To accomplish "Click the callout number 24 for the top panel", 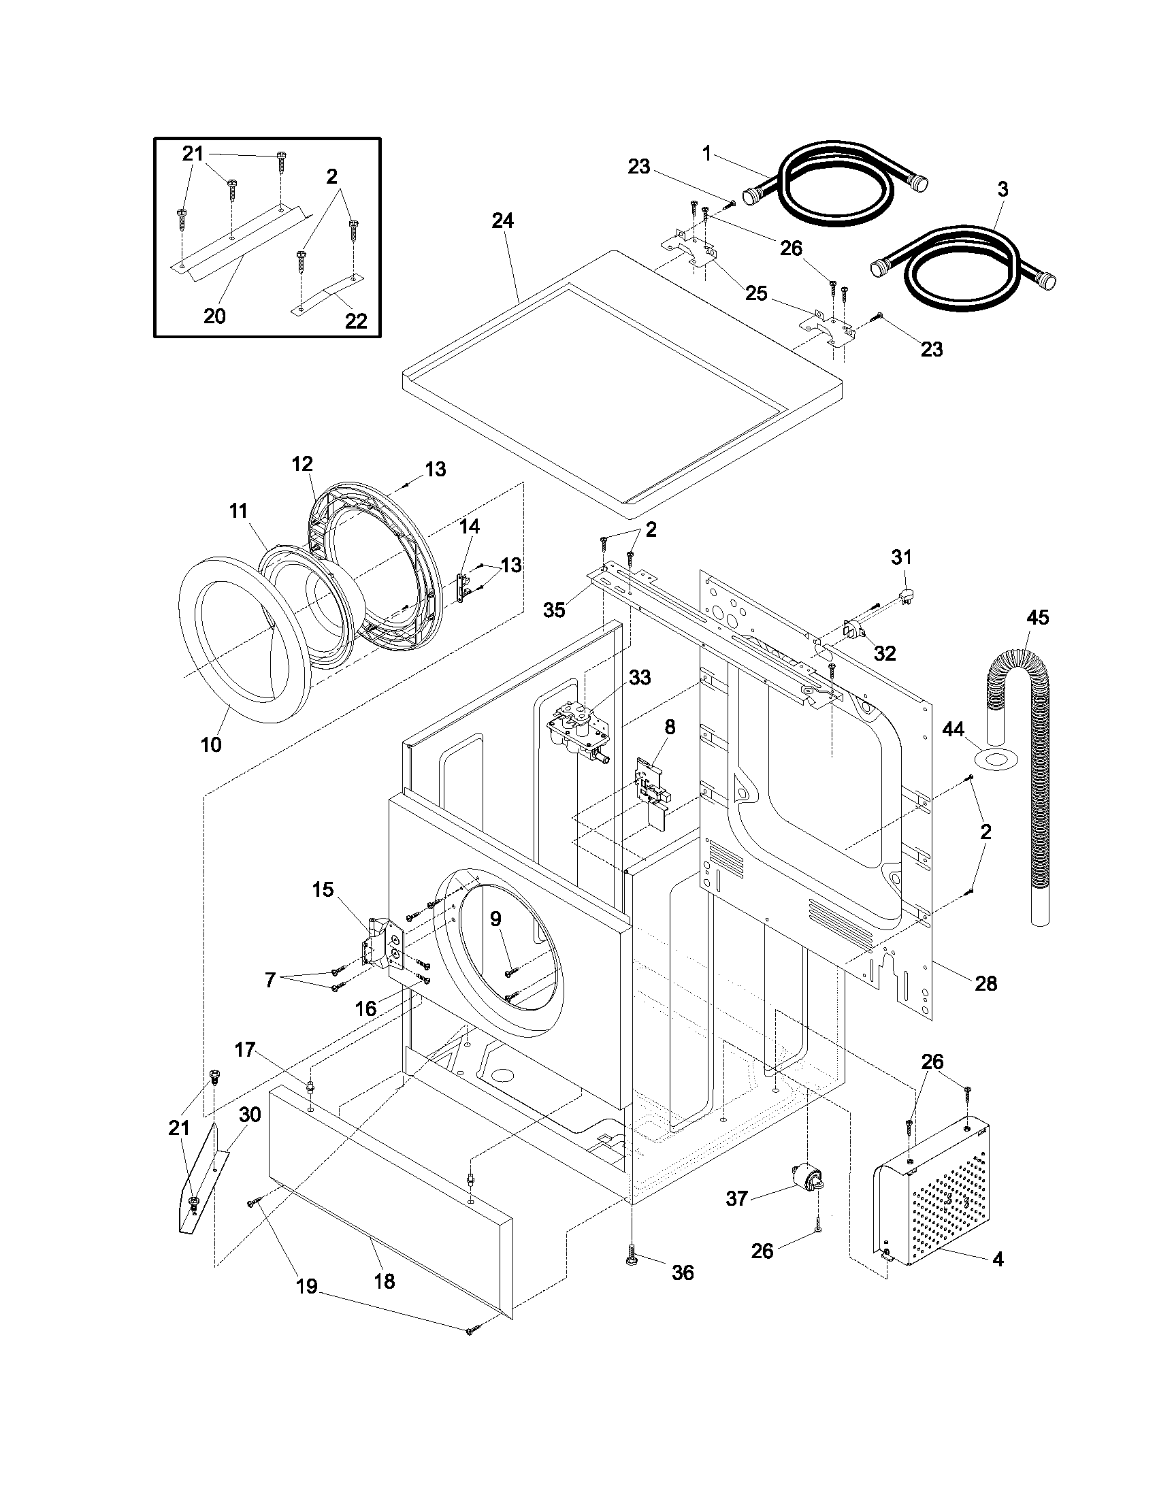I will pos(502,220).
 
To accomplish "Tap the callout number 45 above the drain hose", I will pos(1037,618).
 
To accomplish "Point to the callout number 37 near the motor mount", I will pos(736,1199).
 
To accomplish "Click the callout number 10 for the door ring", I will pos(211,744).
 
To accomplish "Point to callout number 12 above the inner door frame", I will pos(302,464).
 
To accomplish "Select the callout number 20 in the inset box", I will pos(214,316).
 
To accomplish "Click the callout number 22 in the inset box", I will pos(356,320).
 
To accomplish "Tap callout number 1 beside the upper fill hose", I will pos(706,154).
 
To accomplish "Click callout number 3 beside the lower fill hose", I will pos(1002,190).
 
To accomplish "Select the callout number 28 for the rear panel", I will pos(985,984).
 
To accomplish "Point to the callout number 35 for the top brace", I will pos(554,610).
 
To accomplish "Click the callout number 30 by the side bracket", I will pos(250,1115).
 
